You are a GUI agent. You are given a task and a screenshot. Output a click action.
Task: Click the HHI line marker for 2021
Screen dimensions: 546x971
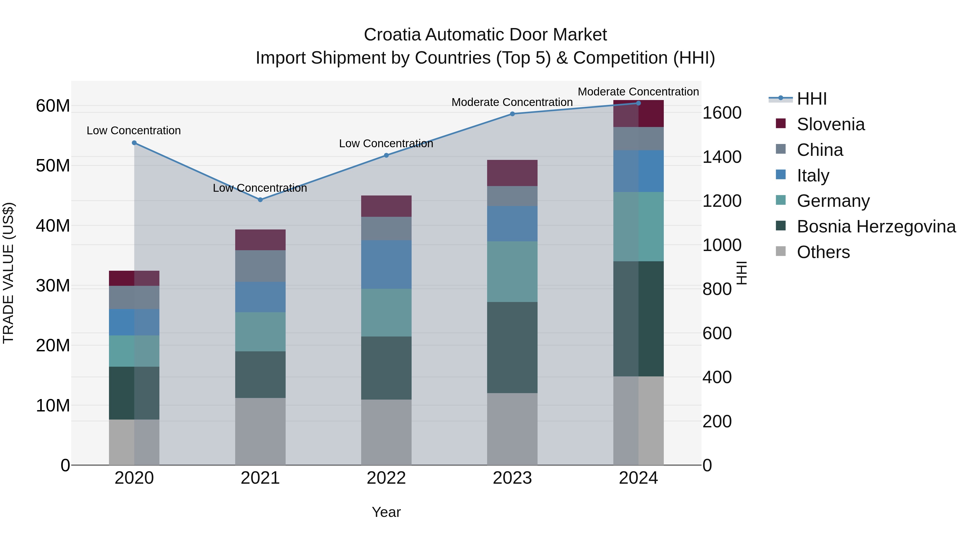(x=260, y=200)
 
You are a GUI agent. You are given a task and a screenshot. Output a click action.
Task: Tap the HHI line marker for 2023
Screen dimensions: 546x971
(x=512, y=114)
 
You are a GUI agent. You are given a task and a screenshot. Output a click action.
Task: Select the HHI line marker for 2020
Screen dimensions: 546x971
(x=134, y=143)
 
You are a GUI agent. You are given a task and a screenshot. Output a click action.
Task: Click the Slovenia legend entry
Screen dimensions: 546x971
(x=830, y=124)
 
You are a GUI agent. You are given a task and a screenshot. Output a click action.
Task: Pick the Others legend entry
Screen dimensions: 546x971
(x=823, y=252)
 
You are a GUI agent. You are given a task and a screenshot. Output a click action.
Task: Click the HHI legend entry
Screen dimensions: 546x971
(x=812, y=99)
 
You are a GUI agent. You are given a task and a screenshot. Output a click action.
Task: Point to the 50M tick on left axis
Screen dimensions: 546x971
(x=53, y=166)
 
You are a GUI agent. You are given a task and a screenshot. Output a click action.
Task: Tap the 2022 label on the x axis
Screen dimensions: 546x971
(x=386, y=478)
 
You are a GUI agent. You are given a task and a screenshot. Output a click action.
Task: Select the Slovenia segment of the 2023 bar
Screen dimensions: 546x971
(x=512, y=173)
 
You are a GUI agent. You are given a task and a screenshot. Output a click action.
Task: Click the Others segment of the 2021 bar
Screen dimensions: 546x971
(x=260, y=431)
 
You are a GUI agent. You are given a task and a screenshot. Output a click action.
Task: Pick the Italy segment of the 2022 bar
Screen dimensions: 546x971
(x=386, y=265)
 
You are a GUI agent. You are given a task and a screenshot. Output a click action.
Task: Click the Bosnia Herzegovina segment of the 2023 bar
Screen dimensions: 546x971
(x=512, y=348)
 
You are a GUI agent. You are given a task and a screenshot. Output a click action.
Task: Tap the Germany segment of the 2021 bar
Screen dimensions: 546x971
(x=260, y=332)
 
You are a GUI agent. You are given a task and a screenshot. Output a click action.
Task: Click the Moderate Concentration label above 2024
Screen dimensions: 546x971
(x=638, y=92)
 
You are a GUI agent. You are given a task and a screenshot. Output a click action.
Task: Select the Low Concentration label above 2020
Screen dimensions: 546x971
(x=134, y=131)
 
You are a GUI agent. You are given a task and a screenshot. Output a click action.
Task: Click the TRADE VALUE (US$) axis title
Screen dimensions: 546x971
(x=8, y=273)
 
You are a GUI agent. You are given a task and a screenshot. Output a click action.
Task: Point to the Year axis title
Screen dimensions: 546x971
(x=386, y=512)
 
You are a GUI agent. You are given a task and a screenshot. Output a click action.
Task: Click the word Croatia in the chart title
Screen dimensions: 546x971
(x=392, y=35)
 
